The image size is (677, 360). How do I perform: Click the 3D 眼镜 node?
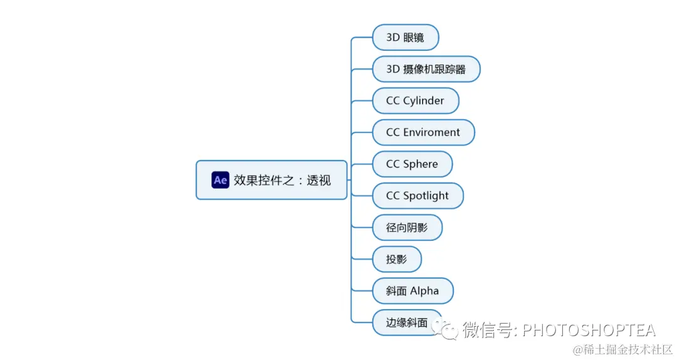coord(405,38)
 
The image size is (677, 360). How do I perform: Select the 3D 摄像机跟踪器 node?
coord(426,69)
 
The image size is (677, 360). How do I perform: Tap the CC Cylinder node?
coord(415,101)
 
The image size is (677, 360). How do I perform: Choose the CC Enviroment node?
coord(423,132)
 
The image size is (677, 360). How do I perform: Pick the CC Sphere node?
coord(412,164)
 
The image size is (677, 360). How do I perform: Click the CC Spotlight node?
coord(417,196)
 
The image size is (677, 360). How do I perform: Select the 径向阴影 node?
coord(407,228)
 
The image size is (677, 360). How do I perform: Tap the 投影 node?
coord(397,259)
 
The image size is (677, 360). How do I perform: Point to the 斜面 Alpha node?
coord(412,291)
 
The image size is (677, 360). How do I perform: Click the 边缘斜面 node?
coord(407,322)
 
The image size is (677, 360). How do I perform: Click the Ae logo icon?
coord(220,180)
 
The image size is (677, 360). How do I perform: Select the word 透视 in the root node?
coord(319,181)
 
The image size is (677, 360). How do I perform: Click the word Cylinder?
coord(424,101)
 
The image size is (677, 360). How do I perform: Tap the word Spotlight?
coord(426,196)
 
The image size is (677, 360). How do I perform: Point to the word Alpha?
coord(424,291)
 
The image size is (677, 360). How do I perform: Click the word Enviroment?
coord(432,132)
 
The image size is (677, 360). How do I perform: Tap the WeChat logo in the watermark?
coord(449,329)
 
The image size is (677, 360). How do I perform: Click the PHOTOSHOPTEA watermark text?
coord(589,330)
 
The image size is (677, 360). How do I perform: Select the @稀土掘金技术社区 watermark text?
coord(618,349)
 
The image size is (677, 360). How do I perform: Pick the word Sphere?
coord(421,164)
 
